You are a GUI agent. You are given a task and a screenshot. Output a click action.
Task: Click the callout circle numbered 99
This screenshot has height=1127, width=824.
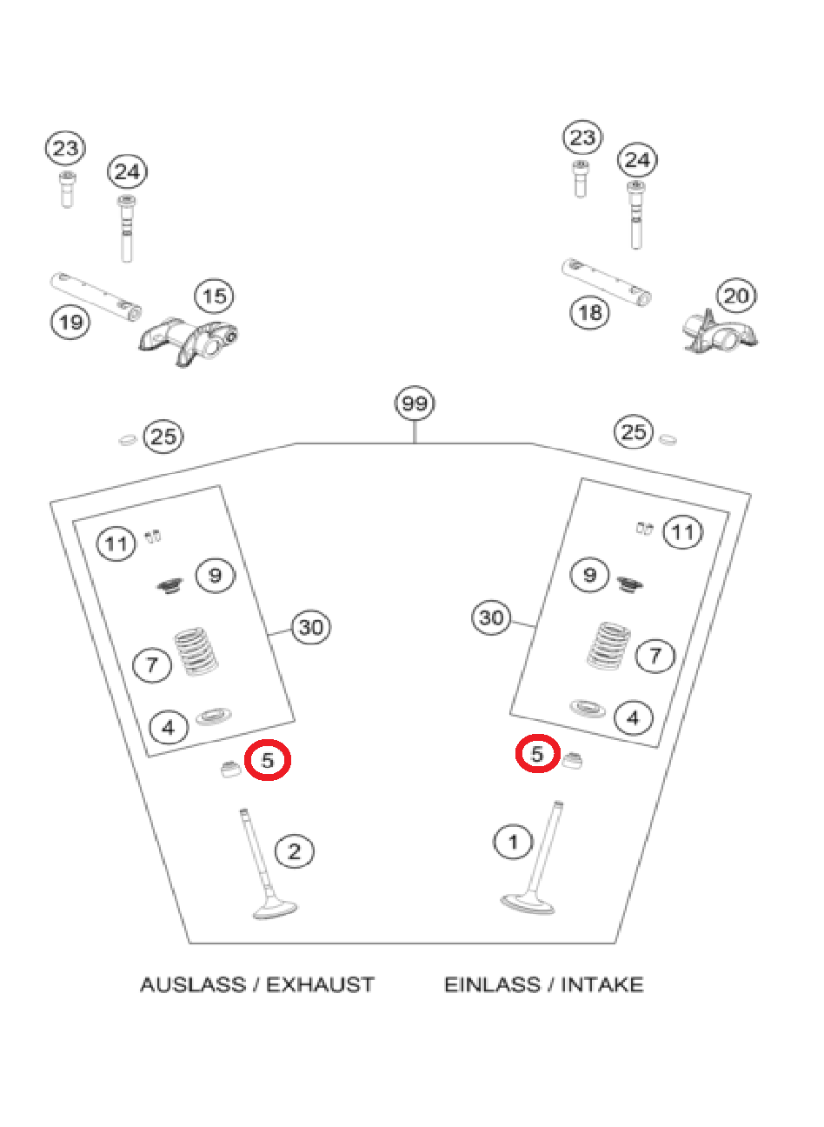415,403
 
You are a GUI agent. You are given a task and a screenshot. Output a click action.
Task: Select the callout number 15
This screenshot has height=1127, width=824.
214,296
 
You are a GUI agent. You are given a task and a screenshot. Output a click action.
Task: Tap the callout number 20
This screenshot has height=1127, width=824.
736,296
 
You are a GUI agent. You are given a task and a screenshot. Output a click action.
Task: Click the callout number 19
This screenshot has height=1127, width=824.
70,322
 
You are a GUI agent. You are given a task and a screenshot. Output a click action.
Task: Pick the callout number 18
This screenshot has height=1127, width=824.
589,312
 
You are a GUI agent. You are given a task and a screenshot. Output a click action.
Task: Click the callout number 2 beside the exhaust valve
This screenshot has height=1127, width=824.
294,851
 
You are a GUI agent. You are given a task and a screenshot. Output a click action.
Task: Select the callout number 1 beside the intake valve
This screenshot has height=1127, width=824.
513,841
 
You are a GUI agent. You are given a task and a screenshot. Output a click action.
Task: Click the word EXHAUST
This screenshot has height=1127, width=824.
320,984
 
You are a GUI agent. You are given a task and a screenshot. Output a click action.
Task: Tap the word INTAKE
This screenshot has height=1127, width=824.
601,984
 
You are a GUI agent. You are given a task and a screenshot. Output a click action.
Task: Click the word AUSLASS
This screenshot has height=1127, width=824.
193,984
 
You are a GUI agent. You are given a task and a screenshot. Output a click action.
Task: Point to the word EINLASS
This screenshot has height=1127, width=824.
492,984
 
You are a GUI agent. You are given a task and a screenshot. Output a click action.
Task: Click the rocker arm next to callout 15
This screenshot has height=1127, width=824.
188,342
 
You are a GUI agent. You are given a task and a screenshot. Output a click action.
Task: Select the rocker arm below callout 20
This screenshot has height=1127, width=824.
720,333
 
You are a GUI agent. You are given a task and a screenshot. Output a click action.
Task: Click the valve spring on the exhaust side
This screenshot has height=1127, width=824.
196,651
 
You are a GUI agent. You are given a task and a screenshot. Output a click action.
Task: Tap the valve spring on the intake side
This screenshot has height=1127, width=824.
608,645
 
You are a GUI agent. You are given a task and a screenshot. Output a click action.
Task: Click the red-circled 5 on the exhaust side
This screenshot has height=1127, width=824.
268,760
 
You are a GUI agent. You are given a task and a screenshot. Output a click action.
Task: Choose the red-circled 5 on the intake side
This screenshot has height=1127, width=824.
537,753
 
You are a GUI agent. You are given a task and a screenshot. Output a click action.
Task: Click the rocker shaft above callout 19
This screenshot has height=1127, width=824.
96,296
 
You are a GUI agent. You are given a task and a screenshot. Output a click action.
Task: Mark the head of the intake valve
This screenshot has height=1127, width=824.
527,904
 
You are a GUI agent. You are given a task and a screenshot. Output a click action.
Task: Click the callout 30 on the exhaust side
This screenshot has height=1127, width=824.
310,627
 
